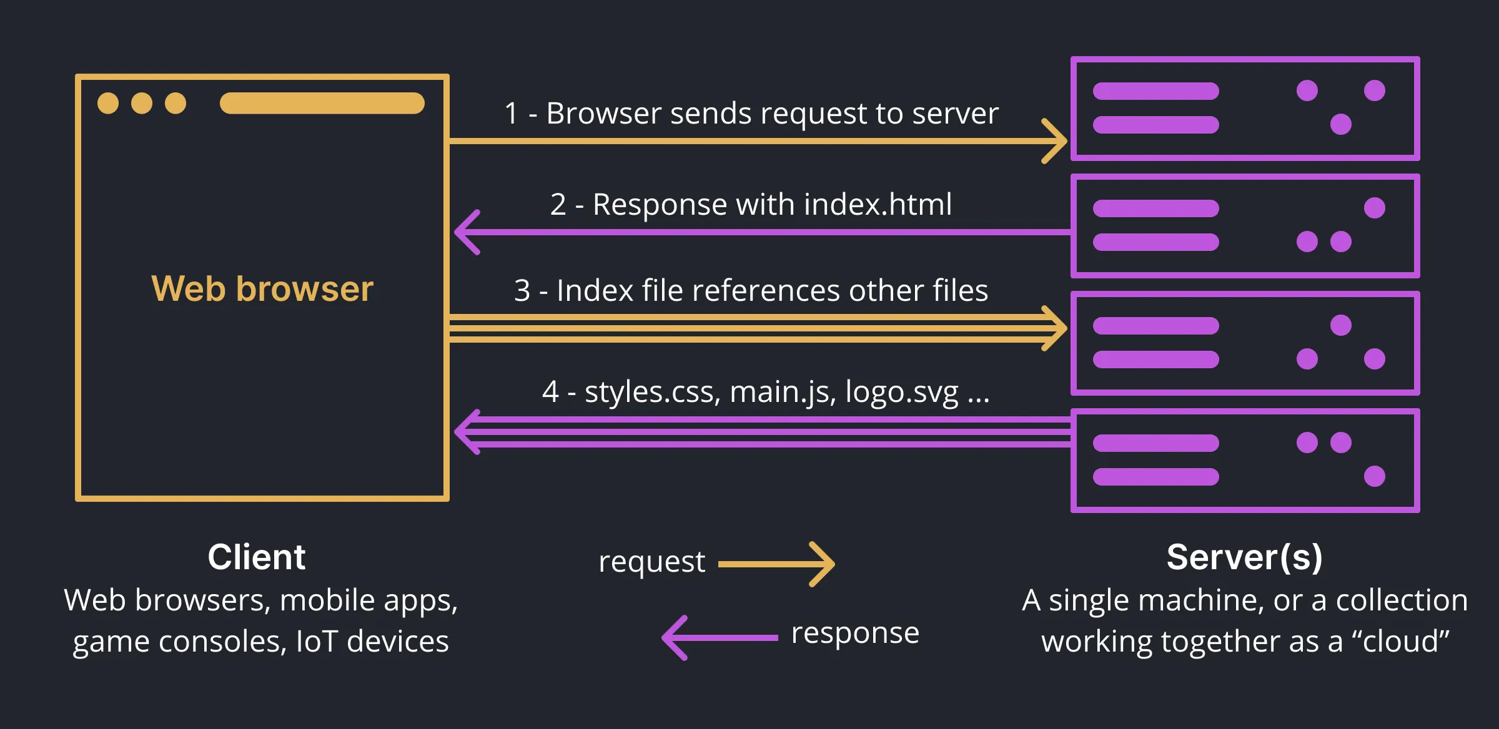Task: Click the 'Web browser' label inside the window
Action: (x=262, y=289)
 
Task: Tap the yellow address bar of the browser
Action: (x=322, y=103)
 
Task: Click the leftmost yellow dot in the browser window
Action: (x=108, y=103)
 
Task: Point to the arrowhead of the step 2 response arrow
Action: (x=465, y=232)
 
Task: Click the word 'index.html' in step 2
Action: (x=878, y=205)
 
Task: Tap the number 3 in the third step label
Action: (x=522, y=291)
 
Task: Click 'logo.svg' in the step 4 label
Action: (x=901, y=393)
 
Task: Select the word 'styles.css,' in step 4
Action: (x=653, y=393)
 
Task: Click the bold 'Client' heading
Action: (x=256, y=557)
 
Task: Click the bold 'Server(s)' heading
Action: (x=1244, y=557)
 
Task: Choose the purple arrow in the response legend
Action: (x=718, y=637)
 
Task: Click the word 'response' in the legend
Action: (x=854, y=633)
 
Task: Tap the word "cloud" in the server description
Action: (x=1401, y=642)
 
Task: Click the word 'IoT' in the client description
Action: (x=317, y=642)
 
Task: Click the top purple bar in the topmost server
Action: (x=1155, y=91)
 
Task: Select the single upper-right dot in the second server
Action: (x=1374, y=208)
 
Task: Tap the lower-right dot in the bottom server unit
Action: (x=1374, y=476)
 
